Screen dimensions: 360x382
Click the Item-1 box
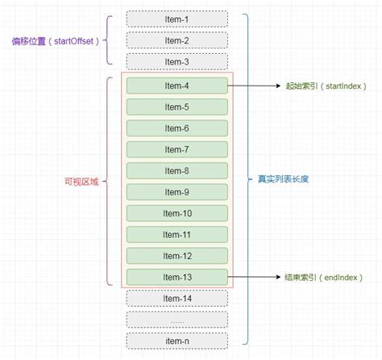point(176,19)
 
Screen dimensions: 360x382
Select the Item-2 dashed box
point(176,40)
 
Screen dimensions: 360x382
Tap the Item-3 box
point(176,61)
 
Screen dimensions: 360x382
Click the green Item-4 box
point(176,86)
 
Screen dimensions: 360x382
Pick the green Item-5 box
point(176,107)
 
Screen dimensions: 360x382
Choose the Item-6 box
point(176,128)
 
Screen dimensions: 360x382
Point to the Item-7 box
point(176,149)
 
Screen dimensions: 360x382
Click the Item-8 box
point(176,170)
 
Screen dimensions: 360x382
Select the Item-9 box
point(176,191)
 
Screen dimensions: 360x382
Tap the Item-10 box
point(176,213)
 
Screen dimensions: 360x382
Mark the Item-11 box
point(176,234)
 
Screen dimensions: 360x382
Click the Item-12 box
point(176,255)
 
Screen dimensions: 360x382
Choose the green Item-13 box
point(176,277)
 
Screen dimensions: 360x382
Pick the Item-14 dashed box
point(176,298)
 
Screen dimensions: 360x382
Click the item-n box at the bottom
point(176,341)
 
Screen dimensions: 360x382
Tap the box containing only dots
point(176,320)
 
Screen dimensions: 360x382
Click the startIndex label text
point(326,86)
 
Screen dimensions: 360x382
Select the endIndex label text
point(326,277)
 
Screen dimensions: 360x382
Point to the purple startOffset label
point(54,40)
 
